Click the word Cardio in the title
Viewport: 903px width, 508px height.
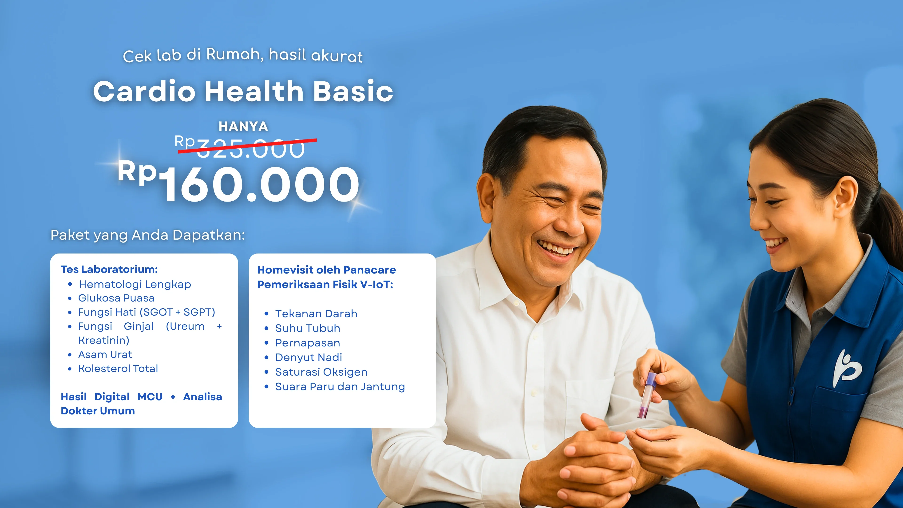[x=144, y=91]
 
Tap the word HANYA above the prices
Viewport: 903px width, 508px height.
[x=243, y=126]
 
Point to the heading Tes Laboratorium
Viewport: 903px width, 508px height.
[x=109, y=269]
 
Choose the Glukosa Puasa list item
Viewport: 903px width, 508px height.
[x=116, y=298]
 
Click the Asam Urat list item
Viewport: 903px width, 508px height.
[x=105, y=354]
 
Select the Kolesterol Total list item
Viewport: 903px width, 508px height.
[x=118, y=369]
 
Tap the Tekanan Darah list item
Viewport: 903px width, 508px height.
[x=316, y=314]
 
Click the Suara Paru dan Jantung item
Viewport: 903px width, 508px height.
[x=340, y=386]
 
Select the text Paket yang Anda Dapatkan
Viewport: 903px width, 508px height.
[x=148, y=235]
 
